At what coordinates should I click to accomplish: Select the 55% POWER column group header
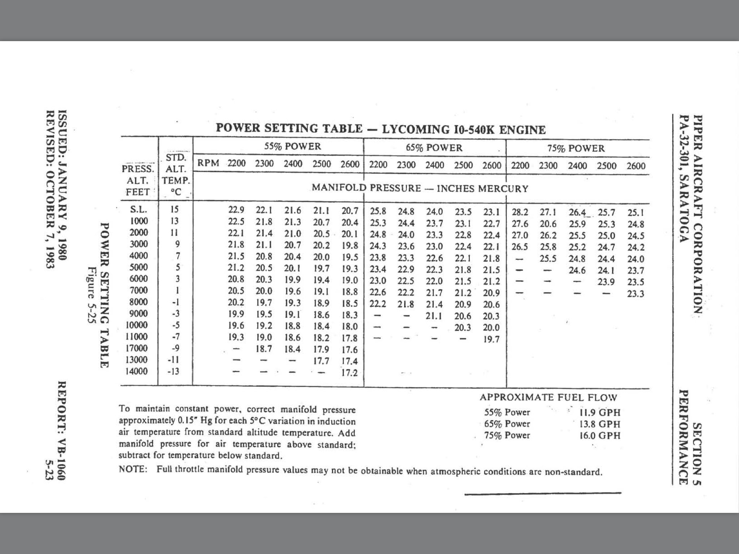click(292, 146)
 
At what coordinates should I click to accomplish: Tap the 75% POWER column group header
click(576, 148)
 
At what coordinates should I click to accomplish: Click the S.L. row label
click(138, 209)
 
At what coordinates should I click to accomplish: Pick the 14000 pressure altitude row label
click(136, 371)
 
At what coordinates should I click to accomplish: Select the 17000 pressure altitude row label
click(136, 348)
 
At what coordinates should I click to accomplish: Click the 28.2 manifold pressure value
click(520, 212)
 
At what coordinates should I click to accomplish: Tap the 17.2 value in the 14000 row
click(349, 373)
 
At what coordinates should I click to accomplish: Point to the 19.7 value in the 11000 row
click(491, 339)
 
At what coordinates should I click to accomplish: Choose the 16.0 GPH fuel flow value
click(600, 435)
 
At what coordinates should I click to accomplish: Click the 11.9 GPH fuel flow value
click(600, 412)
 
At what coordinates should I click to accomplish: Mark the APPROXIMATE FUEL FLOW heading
click(548, 397)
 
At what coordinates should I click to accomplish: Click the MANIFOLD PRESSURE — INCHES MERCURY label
click(420, 188)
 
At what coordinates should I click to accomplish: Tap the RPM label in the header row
click(208, 163)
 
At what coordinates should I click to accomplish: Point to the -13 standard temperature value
click(174, 371)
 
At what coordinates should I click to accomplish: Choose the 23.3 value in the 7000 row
click(635, 294)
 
